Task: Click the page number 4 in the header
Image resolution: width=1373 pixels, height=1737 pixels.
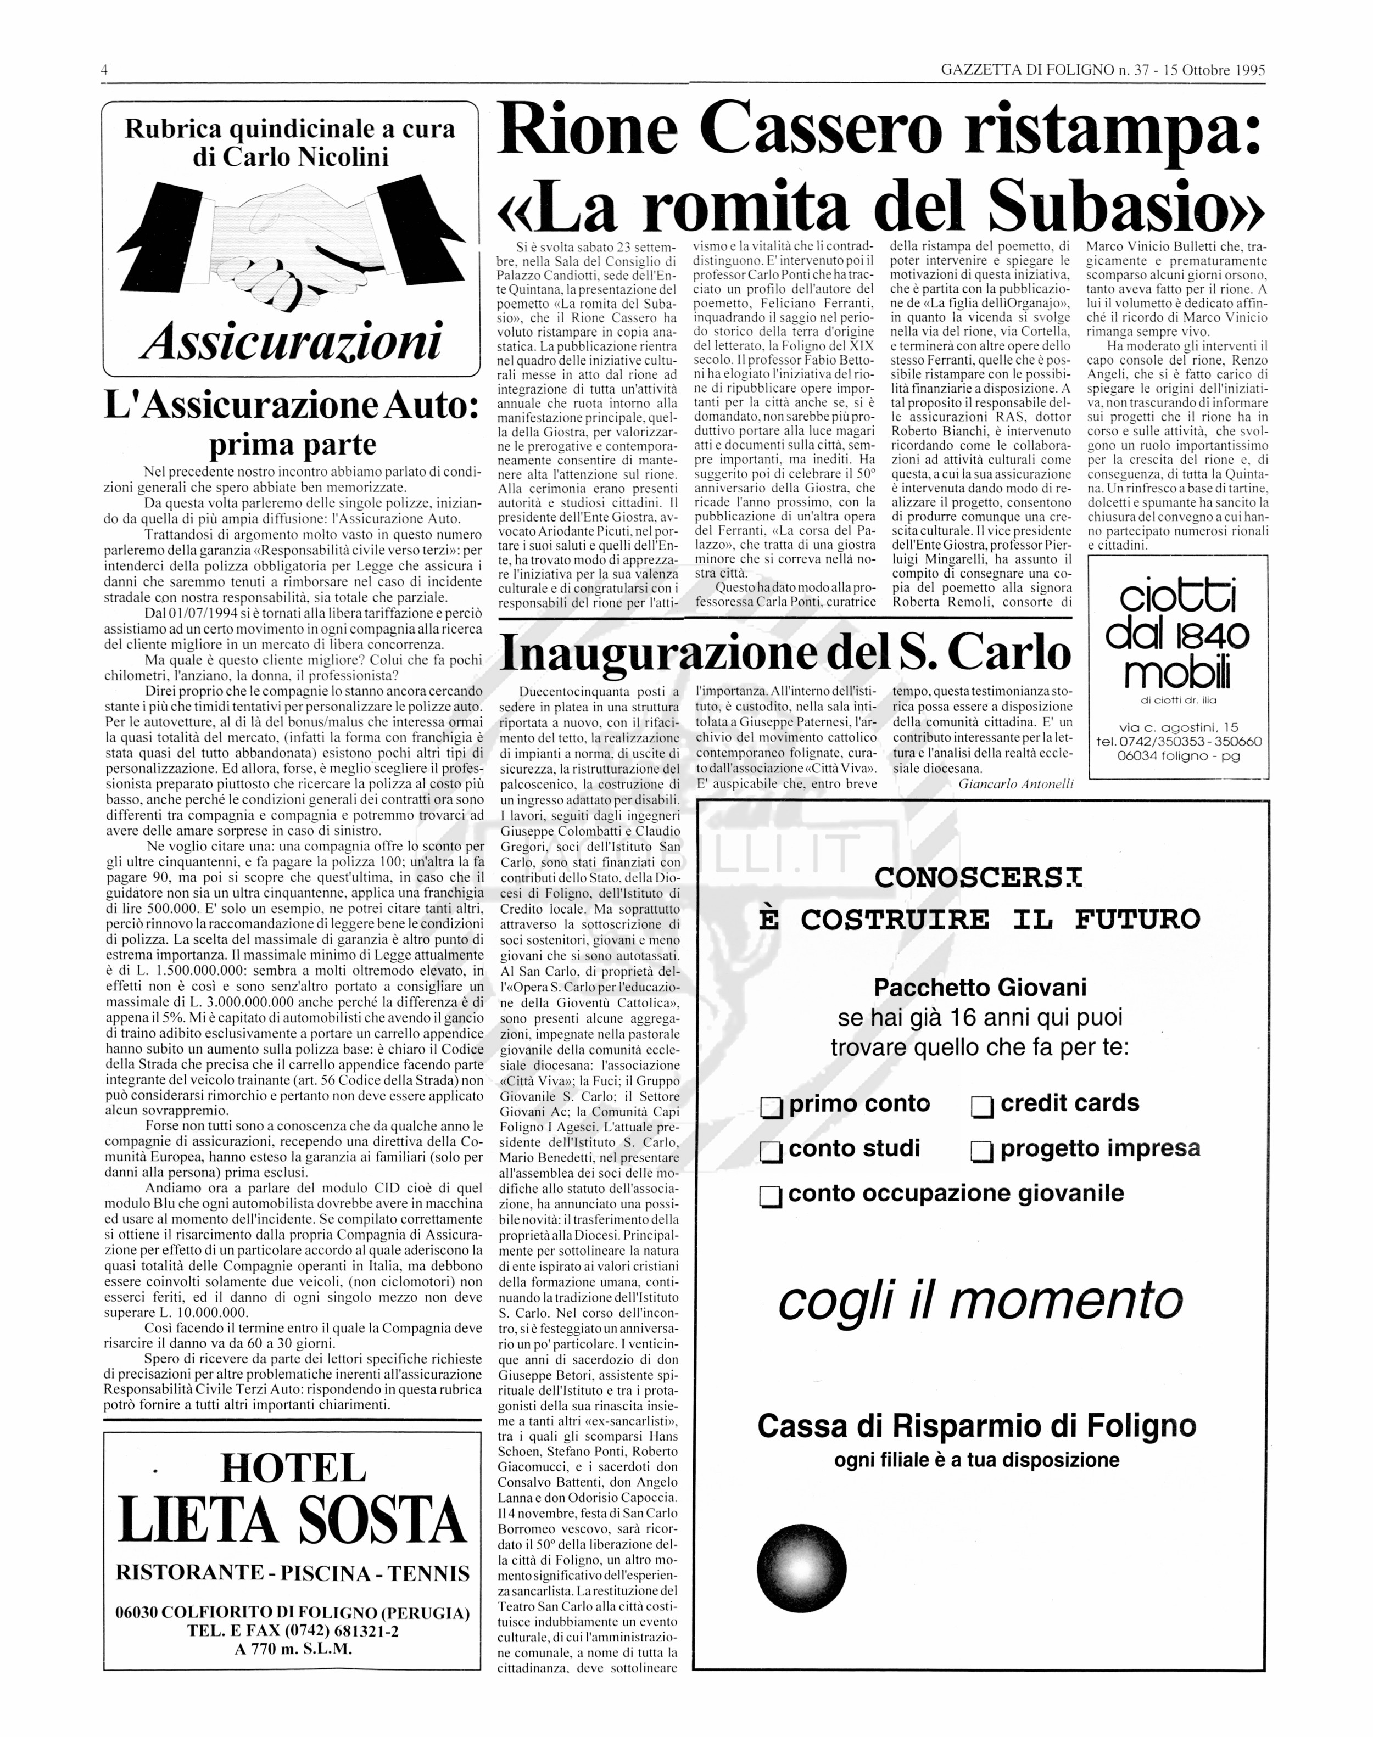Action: [104, 70]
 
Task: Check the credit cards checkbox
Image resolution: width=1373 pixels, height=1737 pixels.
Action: [981, 1108]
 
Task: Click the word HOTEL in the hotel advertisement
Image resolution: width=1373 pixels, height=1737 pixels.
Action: [293, 1469]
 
